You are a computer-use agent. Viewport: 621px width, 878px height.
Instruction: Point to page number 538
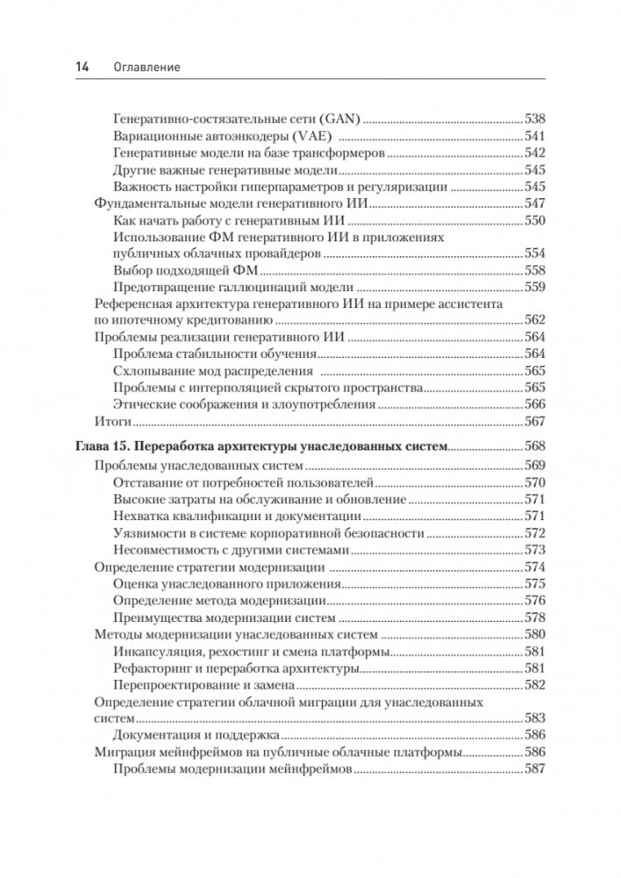coord(534,118)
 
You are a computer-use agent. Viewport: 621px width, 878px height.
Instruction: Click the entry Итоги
coord(110,421)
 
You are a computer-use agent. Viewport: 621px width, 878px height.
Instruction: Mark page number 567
coord(534,421)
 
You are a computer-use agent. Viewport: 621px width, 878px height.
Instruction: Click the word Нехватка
coord(143,517)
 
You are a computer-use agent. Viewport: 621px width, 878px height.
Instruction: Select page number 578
coord(534,617)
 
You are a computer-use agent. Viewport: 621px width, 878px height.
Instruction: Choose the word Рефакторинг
coord(155,668)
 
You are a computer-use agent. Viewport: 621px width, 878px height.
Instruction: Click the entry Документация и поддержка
coord(196,735)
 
